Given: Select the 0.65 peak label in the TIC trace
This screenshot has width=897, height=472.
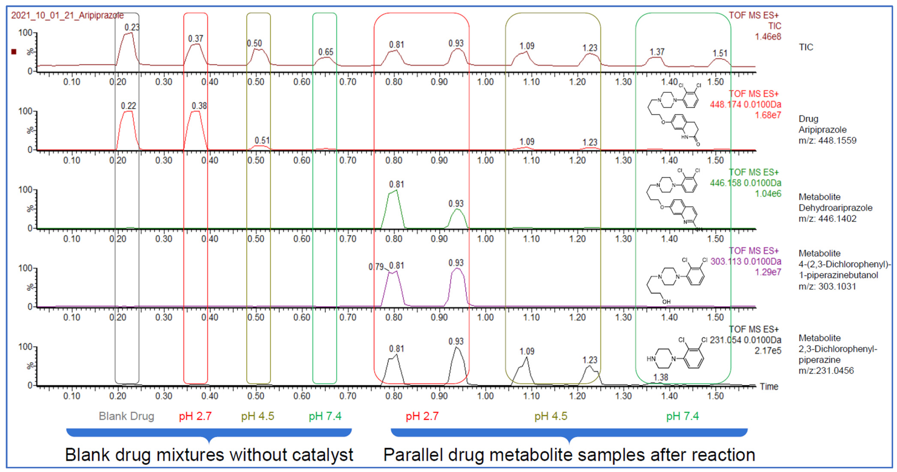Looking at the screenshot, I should pos(326,52).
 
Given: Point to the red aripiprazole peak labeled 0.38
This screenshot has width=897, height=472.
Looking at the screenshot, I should pos(196,112).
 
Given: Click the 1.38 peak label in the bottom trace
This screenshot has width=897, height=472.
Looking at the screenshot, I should pos(661,377).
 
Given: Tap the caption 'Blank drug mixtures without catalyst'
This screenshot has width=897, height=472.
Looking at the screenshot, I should pos(209,455).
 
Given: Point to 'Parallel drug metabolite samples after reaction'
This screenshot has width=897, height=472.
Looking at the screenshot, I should pos(569,455).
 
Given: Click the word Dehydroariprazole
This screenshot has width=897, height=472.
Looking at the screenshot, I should pos(835,208).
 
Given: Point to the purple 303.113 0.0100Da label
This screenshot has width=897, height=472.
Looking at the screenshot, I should pos(745,262).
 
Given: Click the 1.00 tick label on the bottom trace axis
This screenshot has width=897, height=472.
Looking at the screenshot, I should pos(485,396).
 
